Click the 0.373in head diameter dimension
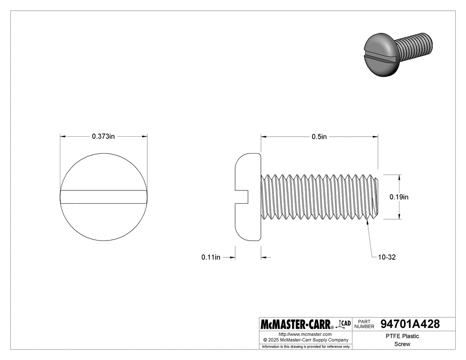pyautogui.click(x=103, y=137)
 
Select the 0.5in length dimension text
pyautogui.click(x=319, y=137)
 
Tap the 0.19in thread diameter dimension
pyautogui.click(x=399, y=197)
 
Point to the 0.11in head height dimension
pyautogui.click(x=211, y=257)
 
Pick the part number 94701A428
pyautogui.click(x=410, y=324)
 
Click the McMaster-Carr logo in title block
pyautogui.click(x=297, y=324)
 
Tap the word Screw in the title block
pyautogui.click(x=403, y=344)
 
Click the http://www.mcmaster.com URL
pyautogui.click(x=305, y=334)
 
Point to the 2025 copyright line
pyautogui.click(x=305, y=340)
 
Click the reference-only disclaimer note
pyautogui.click(x=306, y=346)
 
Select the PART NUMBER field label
pyautogui.click(x=364, y=324)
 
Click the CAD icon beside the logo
pyautogui.click(x=344, y=324)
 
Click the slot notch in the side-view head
pyautogui.click(x=242, y=197)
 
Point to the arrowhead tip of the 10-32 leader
pyautogui.click(x=367, y=222)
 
